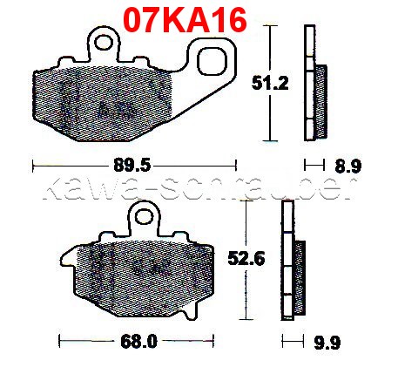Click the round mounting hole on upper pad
tap(104, 41)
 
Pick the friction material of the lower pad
tap(139, 270)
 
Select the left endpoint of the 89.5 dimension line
tap(32, 163)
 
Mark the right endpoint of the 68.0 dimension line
tap(213, 339)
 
